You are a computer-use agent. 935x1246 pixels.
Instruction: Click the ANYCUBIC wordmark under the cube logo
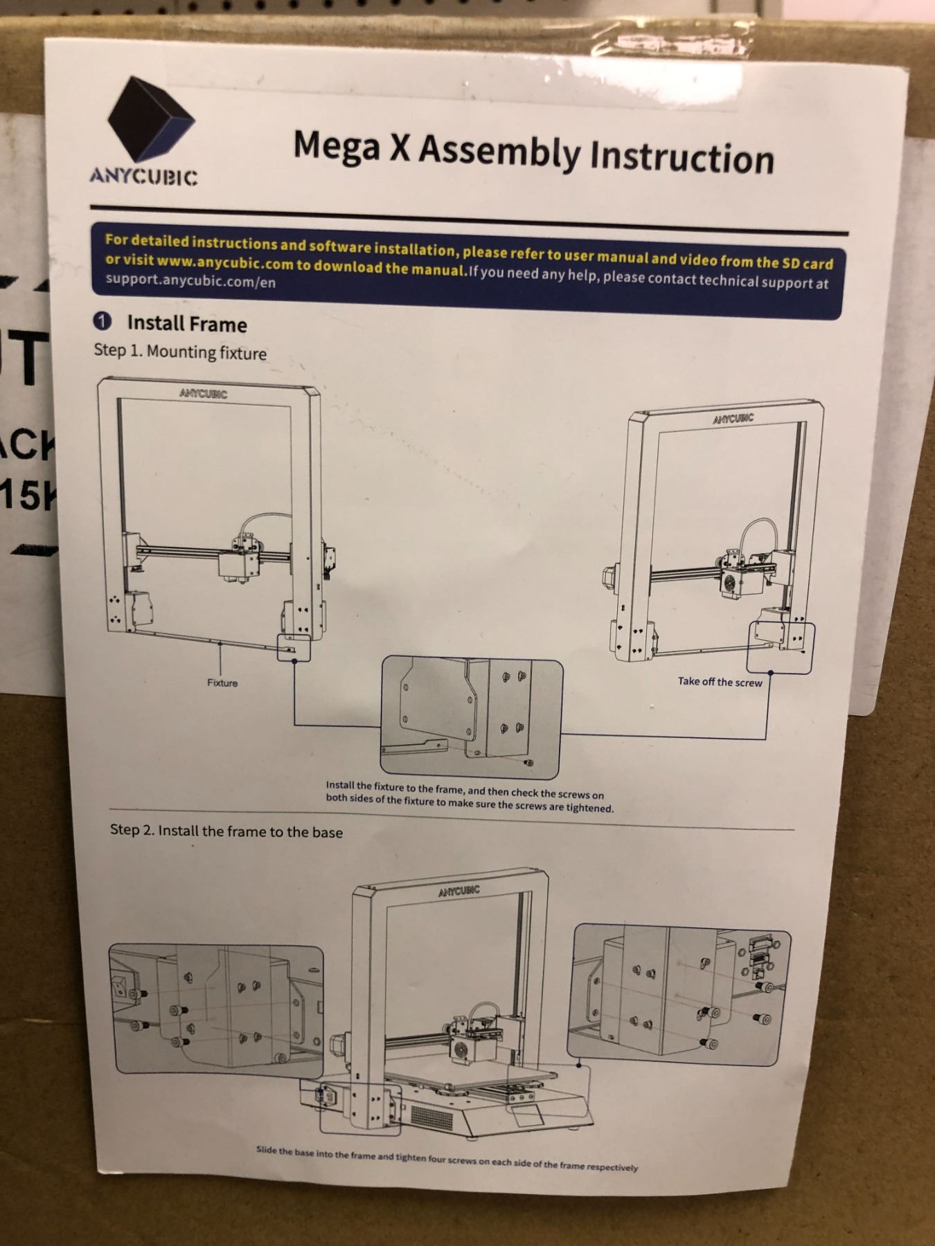click(143, 177)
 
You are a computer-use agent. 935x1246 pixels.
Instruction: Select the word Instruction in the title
click(682, 157)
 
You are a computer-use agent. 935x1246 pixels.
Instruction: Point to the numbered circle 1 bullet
click(102, 321)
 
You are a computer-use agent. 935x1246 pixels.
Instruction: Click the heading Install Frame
click(186, 324)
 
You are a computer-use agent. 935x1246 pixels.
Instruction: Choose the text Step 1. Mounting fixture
click(180, 352)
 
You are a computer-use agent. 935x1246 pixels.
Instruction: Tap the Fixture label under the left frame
click(222, 683)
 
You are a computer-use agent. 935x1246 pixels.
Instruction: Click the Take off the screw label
click(720, 682)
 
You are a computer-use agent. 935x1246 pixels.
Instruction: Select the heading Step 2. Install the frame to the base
click(226, 831)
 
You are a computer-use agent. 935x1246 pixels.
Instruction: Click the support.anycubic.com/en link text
click(190, 281)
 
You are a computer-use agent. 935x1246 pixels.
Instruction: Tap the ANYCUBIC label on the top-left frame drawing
click(203, 394)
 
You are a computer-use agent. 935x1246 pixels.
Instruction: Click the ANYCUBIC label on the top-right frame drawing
click(733, 419)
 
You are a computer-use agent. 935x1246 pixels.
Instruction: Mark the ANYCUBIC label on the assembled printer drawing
click(458, 891)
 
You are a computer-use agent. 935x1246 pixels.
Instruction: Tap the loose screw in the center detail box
click(528, 761)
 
